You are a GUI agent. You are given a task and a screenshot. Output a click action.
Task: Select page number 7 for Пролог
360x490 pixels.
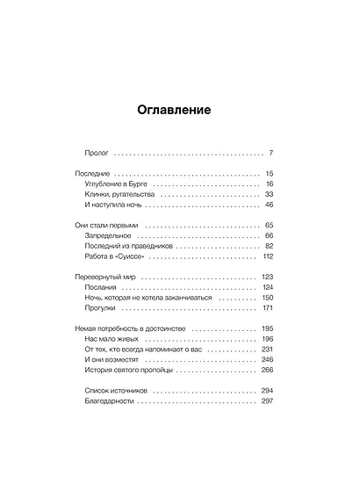coord(271,152)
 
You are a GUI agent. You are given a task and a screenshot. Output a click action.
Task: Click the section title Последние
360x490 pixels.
coord(93,174)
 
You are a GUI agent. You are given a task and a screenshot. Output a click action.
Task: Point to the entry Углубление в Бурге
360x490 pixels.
coord(119,184)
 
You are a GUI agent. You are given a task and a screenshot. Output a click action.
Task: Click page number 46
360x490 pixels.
coord(269,205)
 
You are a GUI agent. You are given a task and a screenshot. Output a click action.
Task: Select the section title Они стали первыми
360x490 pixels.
coord(107,226)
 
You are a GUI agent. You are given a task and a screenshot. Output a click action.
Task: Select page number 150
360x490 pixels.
coord(267,299)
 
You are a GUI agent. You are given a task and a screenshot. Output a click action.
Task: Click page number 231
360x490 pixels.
coord(267,349)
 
